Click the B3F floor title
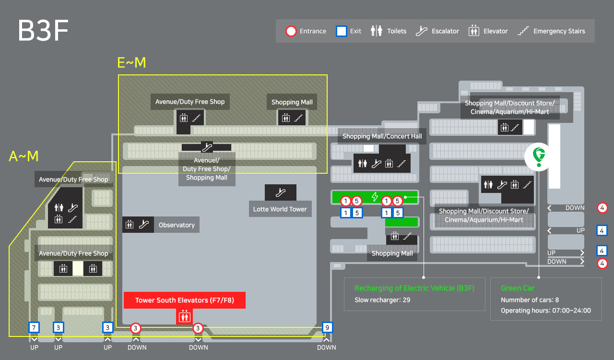point(43,31)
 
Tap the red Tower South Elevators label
point(185,300)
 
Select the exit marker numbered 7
point(34,328)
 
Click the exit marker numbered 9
point(327,328)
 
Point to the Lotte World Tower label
point(280,209)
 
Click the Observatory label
point(177,225)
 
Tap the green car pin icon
point(539,156)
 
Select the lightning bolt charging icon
point(375,197)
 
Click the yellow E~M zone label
point(131,62)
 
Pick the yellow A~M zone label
point(24,156)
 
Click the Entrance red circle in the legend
point(291,31)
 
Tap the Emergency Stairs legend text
point(559,31)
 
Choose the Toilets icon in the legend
point(377,31)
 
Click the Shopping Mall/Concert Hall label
point(382,136)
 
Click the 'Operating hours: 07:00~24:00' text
point(546,311)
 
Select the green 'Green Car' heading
point(518,288)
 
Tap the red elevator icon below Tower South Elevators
point(185,316)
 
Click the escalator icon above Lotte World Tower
point(281,192)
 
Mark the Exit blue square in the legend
point(341,31)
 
